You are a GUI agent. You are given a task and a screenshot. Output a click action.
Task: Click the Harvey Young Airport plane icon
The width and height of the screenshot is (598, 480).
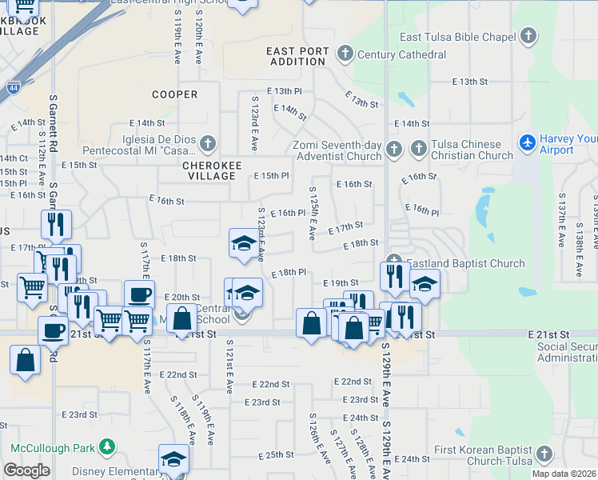pos(528,143)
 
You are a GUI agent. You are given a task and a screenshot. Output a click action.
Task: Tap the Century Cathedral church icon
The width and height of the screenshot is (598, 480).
pos(345,54)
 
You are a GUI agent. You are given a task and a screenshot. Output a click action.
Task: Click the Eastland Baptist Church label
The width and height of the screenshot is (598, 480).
pos(465,263)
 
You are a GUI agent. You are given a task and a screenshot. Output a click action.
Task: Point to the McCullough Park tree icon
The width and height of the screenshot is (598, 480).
pos(106,446)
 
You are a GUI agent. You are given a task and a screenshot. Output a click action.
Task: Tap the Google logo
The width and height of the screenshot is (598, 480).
pos(26,470)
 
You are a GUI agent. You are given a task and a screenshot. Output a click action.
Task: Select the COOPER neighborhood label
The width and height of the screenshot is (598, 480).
pos(175,94)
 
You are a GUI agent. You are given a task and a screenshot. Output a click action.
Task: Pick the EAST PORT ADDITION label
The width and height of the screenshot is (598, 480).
pos(297,56)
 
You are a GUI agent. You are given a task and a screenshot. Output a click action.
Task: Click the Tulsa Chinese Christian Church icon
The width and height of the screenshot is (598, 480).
pos(418,149)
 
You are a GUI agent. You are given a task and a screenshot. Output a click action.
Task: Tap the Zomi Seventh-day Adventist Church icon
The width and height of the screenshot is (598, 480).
pos(393,150)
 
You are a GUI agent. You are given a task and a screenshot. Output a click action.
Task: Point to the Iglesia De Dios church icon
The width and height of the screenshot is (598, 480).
pos(207,145)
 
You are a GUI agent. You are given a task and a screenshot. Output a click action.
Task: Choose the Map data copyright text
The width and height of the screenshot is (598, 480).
pos(563,474)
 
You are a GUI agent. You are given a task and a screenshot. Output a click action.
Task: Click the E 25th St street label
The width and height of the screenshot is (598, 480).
pos(280,454)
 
